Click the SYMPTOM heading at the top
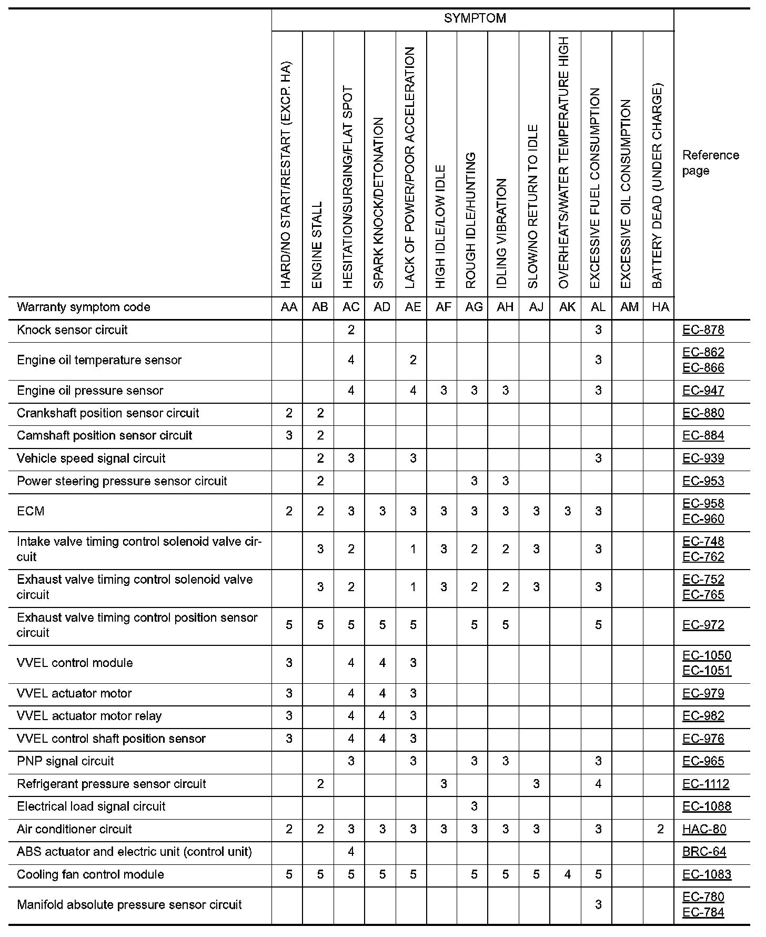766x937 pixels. (x=475, y=18)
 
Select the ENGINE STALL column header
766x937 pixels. (x=317, y=245)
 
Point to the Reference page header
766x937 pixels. (x=710, y=163)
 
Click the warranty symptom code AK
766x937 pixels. (x=567, y=307)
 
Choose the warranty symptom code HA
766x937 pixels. (x=660, y=307)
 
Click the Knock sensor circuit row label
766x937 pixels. (x=72, y=330)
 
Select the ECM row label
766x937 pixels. (x=31, y=511)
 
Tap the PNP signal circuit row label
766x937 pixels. (x=65, y=761)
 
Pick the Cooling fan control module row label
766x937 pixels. (x=90, y=874)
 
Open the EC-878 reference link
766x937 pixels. (x=703, y=330)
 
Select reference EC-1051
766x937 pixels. (x=707, y=671)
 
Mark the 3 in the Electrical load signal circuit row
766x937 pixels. (x=474, y=806)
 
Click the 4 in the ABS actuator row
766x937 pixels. (x=351, y=852)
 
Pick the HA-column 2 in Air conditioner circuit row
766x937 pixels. (x=660, y=829)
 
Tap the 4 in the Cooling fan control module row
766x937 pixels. (x=567, y=874)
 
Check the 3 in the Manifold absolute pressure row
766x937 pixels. (x=598, y=905)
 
